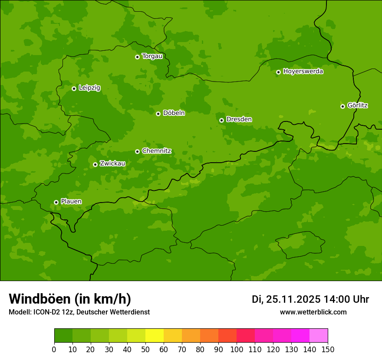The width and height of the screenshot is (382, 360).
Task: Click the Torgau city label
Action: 152,56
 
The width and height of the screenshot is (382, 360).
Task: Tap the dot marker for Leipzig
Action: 74,88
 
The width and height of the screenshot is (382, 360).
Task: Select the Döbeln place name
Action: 174,113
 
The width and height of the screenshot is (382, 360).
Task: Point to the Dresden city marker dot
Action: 221,120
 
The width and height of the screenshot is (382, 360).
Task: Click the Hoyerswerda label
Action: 303,71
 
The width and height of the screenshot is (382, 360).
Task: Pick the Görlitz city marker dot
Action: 342,106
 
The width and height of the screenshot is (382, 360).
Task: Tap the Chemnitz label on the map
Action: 156,151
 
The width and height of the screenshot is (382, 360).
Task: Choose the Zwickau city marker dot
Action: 95,164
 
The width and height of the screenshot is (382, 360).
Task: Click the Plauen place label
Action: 71,201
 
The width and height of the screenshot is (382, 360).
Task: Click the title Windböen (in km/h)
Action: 70,299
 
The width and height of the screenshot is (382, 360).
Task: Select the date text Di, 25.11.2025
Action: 286,299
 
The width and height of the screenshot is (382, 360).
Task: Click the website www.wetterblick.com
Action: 313,312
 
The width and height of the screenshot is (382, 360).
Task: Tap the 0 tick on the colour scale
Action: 54,349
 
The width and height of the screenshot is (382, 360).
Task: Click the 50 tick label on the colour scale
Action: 145,349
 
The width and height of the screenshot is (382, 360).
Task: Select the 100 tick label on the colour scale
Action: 237,349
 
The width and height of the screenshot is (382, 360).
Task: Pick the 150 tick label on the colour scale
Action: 328,349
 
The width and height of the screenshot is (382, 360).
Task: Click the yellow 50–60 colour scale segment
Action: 155,336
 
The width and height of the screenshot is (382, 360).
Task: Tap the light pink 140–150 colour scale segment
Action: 319,336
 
